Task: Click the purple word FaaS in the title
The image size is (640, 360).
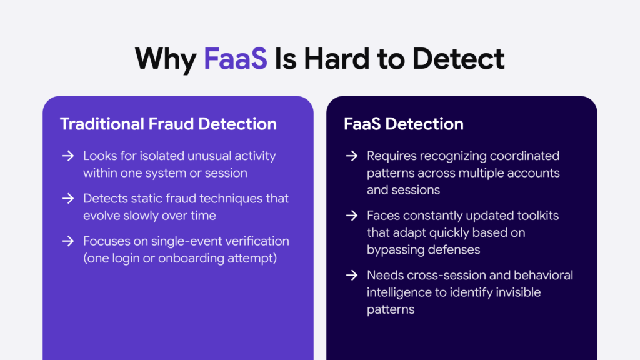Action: [236, 58]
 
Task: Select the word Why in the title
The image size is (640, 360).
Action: [166, 58]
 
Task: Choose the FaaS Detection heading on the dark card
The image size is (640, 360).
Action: [403, 124]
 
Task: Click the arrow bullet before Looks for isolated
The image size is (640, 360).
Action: [68, 156]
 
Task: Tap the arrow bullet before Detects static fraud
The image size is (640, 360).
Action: [68, 198]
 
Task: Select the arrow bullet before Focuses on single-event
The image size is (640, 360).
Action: [68, 241]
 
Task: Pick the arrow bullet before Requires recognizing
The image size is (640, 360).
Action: [352, 156]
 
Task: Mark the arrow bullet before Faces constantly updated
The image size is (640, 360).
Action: [352, 216]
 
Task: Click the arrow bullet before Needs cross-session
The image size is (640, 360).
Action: [352, 276]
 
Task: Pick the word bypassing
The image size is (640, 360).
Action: [397, 249]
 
